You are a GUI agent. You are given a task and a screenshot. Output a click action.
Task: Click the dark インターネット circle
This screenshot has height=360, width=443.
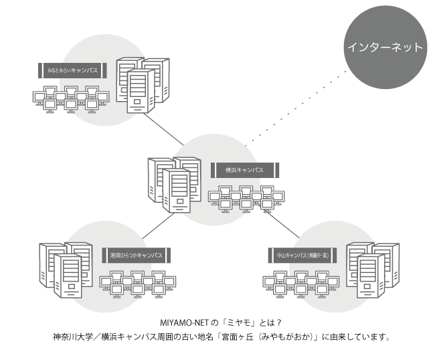(x=384, y=48)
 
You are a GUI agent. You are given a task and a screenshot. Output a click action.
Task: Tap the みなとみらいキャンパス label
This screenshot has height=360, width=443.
(x=70, y=69)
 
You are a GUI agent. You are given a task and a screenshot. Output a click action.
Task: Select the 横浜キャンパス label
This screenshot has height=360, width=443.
(x=245, y=170)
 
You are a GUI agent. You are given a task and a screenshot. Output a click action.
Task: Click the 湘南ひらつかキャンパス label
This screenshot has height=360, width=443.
(x=137, y=255)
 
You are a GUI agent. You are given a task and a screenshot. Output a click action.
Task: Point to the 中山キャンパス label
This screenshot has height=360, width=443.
(x=302, y=255)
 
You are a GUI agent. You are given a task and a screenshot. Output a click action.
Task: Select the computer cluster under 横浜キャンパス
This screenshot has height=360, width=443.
(x=246, y=197)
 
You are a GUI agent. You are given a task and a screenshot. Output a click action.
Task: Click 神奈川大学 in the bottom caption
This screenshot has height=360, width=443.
(x=73, y=337)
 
